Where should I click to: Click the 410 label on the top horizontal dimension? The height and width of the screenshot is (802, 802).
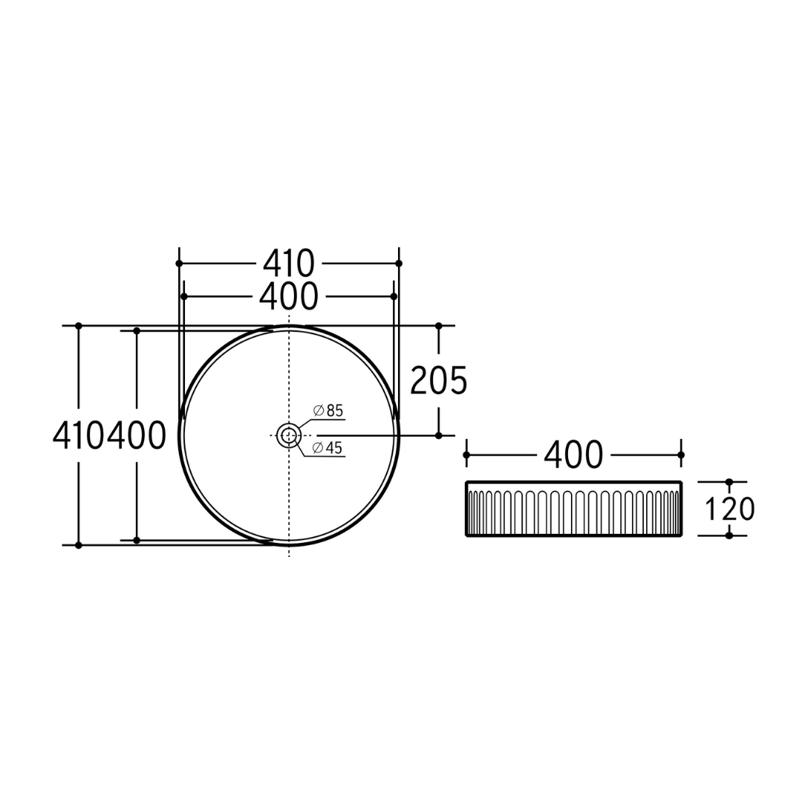pos(288,264)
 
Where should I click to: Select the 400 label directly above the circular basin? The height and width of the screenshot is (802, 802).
pos(288,296)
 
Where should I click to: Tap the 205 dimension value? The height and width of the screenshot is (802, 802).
pos(439,381)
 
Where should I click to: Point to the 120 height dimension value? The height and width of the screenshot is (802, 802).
pos(728,509)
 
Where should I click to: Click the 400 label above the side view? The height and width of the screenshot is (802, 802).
pos(573,455)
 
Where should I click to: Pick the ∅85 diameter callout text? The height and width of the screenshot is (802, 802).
pos(327,411)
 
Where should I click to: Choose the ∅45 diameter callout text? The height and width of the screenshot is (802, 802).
pos(327,448)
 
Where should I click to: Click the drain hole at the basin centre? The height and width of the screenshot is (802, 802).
pos(288,436)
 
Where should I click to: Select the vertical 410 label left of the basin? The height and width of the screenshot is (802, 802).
pos(79,436)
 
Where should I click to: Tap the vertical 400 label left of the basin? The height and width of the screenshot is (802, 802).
pos(137,436)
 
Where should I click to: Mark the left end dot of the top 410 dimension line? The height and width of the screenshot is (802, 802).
pos(179,264)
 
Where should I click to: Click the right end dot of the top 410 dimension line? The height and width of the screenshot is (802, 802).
pos(399,264)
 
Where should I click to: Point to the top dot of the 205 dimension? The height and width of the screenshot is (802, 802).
pos(439,326)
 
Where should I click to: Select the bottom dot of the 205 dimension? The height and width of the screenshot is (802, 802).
pos(439,435)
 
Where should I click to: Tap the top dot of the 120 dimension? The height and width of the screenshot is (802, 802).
pos(728,482)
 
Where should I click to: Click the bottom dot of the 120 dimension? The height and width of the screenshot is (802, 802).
pos(728,535)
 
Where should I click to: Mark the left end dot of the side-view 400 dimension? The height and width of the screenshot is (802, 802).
pos(466,454)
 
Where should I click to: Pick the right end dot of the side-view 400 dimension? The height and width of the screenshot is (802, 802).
pos(681,454)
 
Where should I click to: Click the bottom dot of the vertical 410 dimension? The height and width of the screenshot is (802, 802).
pos(79,545)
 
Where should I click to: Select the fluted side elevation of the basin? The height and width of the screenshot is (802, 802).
pos(573,509)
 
